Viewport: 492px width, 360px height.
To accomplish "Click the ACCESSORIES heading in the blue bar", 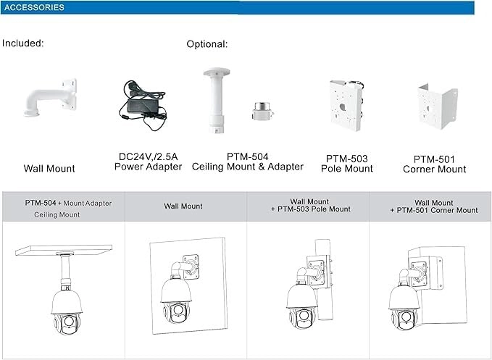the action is [34, 7].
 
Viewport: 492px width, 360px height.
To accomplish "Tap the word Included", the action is [23, 43].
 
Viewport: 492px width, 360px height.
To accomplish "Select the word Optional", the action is [207, 44].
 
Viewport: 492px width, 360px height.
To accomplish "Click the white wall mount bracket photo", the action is [51, 98].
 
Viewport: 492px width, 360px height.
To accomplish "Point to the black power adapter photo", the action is [143, 105].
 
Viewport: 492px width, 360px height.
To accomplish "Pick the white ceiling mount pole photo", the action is [217, 101].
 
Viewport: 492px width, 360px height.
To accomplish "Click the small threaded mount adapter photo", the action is [262, 111].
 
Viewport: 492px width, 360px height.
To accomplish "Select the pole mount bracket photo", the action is [346, 105].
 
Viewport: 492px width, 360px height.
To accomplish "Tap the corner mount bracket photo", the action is [438, 106].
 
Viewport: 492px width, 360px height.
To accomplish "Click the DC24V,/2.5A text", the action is [148, 156].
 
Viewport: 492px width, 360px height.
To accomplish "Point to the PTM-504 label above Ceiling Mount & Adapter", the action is [248, 156].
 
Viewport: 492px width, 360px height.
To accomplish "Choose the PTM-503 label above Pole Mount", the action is [347, 159].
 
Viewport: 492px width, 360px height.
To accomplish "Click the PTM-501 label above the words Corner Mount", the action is [434, 159].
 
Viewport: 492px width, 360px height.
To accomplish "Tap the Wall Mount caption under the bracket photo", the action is [49, 169].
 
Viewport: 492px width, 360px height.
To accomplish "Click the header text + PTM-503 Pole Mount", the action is [311, 209].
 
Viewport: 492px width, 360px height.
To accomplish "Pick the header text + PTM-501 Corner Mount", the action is [434, 210].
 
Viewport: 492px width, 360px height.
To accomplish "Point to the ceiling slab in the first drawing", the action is [64, 250].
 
